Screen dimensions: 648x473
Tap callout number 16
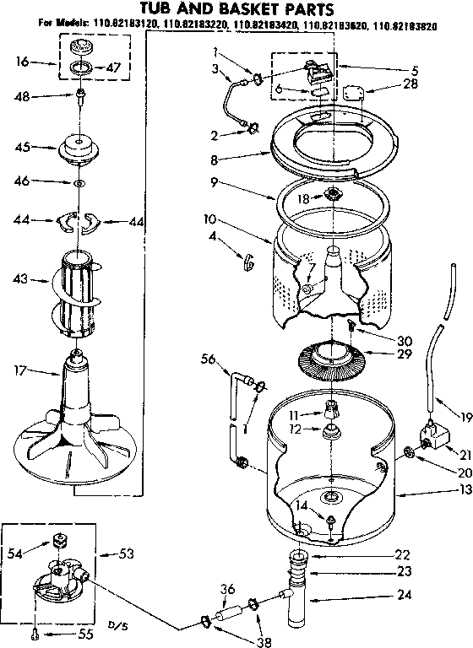click(x=23, y=62)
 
